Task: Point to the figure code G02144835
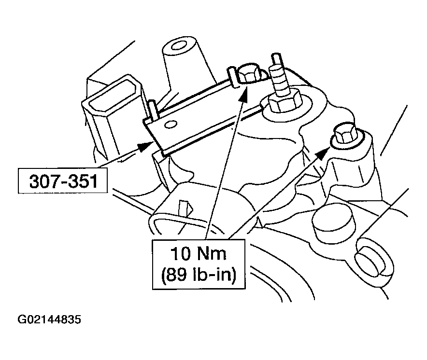pyautogui.click(x=49, y=320)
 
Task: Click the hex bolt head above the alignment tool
pyautogui.click(x=250, y=73)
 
